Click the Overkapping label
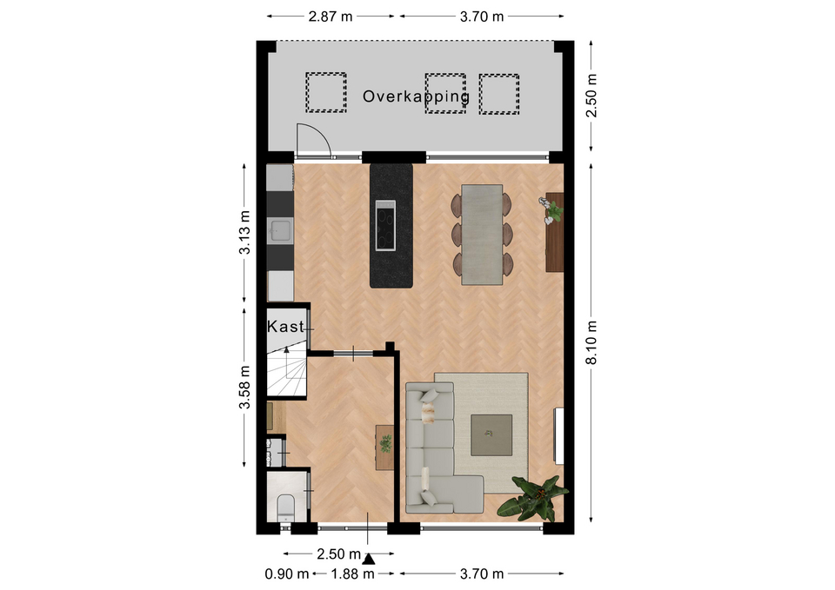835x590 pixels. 416,96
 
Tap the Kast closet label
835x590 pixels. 285,327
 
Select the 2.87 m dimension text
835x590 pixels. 331,17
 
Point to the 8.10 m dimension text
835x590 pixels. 591,342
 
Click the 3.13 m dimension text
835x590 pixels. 244,233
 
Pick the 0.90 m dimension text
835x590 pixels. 286,574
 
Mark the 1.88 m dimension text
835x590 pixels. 352,574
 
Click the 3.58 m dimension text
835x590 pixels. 244,388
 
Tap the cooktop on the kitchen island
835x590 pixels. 385,225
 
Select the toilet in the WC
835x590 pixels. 286,508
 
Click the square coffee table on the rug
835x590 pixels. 491,435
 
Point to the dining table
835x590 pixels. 482,235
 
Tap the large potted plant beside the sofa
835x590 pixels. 532,498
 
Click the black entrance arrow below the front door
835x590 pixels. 369,558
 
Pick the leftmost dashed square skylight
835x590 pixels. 326,93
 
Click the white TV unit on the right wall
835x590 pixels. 559,435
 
